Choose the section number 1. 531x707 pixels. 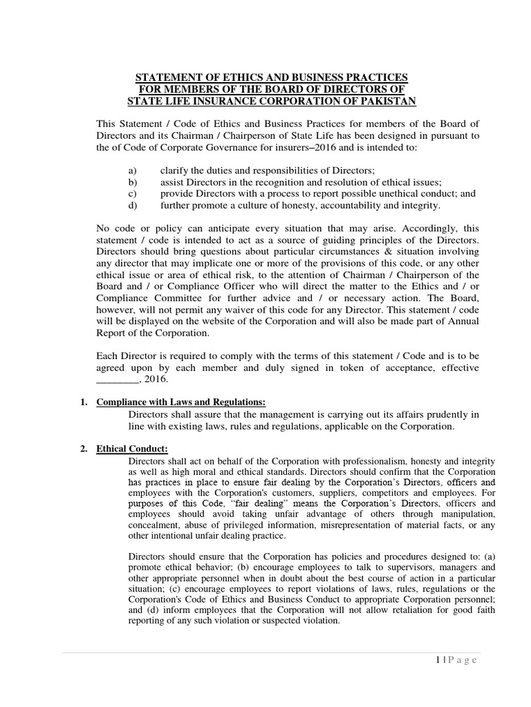(83, 403)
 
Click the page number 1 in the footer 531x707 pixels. (438, 660)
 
